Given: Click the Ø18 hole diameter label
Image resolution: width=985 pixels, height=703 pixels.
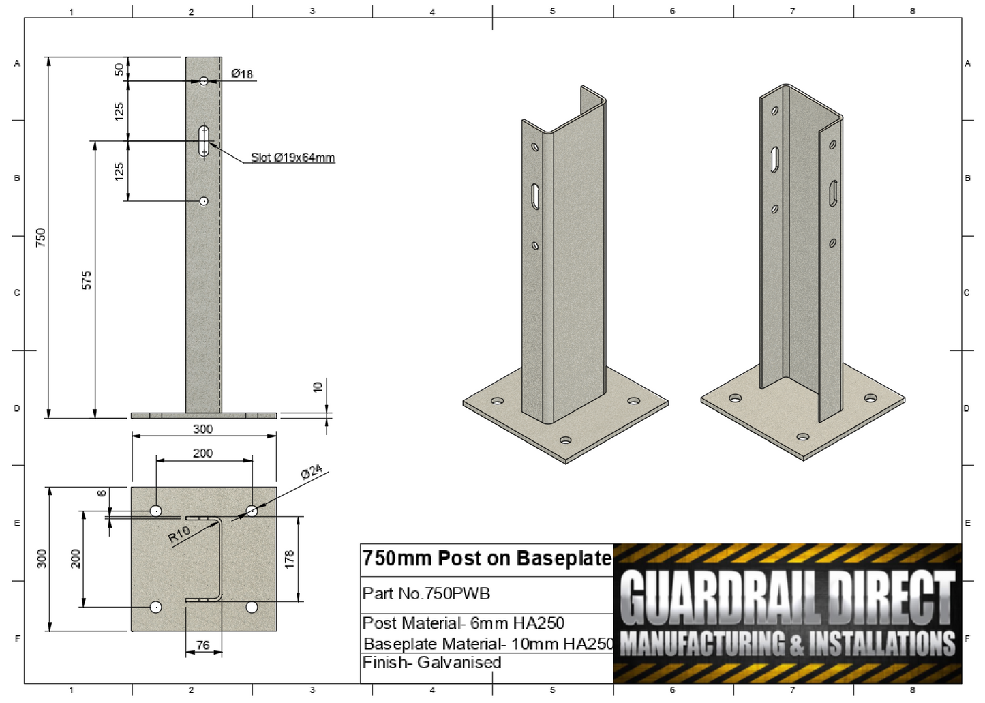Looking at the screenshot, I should click(242, 74).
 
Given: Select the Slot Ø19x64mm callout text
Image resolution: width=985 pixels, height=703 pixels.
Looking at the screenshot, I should click(292, 158).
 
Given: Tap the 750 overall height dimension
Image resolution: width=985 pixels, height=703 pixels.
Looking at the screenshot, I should click(41, 237).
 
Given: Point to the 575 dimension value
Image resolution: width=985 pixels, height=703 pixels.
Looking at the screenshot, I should click(87, 280).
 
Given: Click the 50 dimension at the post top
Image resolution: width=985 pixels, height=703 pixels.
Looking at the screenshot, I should click(119, 69).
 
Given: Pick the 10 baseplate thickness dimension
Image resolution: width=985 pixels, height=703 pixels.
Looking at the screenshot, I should click(317, 387).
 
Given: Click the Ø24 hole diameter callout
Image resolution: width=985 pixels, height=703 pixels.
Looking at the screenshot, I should click(311, 472).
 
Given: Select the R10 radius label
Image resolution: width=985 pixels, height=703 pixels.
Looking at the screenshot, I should click(179, 535).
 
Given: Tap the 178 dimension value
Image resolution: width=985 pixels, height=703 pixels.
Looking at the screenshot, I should click(290, 559).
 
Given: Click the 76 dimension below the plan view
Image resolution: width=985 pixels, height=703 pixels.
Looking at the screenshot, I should click(202, 644).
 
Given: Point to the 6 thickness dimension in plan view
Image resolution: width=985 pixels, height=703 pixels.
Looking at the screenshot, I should click(102, 493).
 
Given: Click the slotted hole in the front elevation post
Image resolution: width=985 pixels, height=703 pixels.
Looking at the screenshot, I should click(204, 140).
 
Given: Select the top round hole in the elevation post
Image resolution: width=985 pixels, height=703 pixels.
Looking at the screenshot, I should click(203, 81).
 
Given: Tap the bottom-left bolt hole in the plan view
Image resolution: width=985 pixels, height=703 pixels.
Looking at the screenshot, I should click(156, 607).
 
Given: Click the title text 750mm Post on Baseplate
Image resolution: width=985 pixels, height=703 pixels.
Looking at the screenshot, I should click(487, 558).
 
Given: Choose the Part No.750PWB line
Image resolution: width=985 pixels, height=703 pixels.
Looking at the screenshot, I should click(426, 594).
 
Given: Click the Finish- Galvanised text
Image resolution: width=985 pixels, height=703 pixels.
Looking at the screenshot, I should click(431, 663).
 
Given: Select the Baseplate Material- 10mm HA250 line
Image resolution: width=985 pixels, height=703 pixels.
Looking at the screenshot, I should click(488, 644).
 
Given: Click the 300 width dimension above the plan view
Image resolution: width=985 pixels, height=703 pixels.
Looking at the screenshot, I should click(202, 429).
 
